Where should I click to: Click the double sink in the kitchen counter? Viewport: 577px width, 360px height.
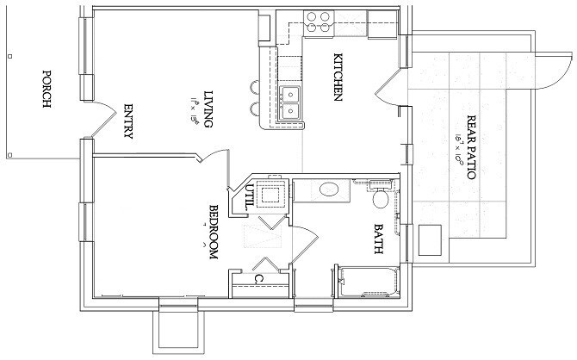point(290,102)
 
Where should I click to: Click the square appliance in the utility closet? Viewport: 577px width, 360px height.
point(275,193)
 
